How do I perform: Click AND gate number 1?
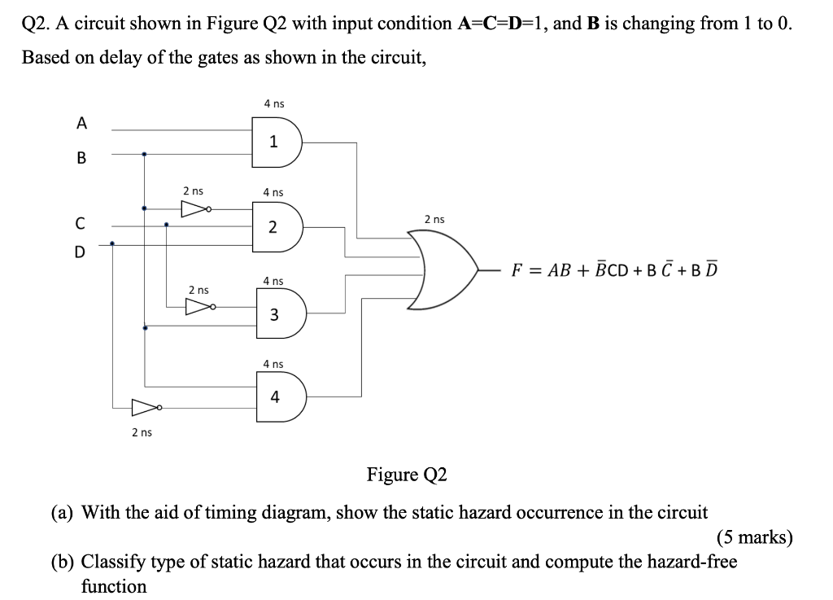click(277, 142)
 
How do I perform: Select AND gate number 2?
click(277, 226)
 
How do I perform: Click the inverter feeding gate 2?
click(194, 210)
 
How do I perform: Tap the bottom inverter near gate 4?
click(147, 406)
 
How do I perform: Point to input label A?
click(81, 123)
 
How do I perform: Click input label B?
click(81, 158)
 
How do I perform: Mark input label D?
click(80, 252)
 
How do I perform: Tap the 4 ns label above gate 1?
click(274, 103)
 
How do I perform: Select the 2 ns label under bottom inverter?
click(142, 432)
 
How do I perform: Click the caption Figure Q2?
click(407, 474)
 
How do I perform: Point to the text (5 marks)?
click(754, 537)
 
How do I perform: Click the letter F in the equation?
click(516, 270)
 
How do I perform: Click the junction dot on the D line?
click(111, 242)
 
